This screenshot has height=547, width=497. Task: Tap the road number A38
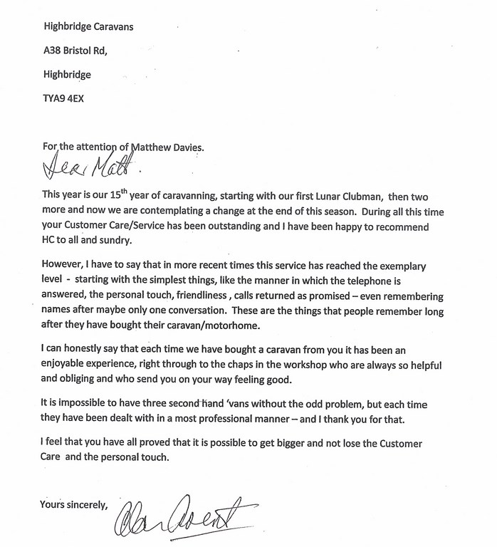[54, 51]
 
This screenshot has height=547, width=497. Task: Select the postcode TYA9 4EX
[63, 98]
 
